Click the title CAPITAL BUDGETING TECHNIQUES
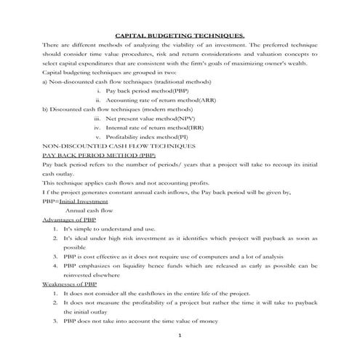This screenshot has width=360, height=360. point(180,34)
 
